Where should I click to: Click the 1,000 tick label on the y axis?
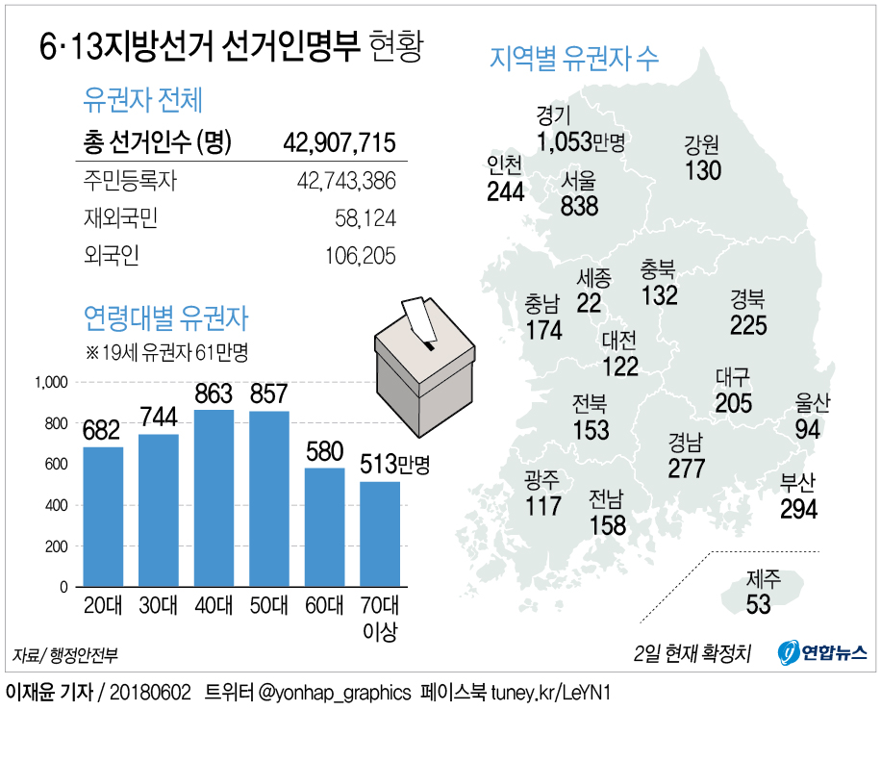[50, 382]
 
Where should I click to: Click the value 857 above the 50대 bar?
[269, 394]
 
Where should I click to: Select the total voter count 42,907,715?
[340, 143]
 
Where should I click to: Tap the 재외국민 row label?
[121, 218]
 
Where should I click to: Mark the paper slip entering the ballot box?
[417, 318]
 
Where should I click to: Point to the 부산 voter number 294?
[798, 509]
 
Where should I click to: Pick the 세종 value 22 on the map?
[589, 303]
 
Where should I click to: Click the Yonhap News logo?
[823, 652]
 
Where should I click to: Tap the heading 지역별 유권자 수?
[574, 58]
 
